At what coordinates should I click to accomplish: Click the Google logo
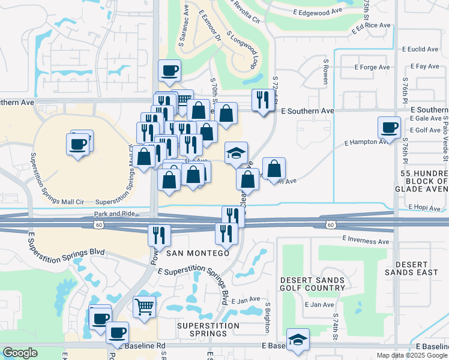[x=20, y=353]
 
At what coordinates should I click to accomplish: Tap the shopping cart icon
[x=145, y=308]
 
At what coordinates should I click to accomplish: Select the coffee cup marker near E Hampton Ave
[x=389, y=128]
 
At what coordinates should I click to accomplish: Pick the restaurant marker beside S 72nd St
[x=262, y=100]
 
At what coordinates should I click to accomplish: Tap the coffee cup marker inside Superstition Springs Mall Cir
[x=79, y=145]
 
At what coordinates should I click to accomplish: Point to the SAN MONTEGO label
[x=197, y=253]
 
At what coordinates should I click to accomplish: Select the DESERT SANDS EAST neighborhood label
[x=420, y=269]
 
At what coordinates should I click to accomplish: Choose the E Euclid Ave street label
[x=421, y=49]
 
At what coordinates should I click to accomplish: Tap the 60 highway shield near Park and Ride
[x=98, y=224]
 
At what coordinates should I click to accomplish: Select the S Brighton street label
[x=267, y=316]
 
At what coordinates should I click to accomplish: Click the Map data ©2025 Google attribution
[x=411, y=355]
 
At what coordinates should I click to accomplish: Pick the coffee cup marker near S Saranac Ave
[x=169, y=71]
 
